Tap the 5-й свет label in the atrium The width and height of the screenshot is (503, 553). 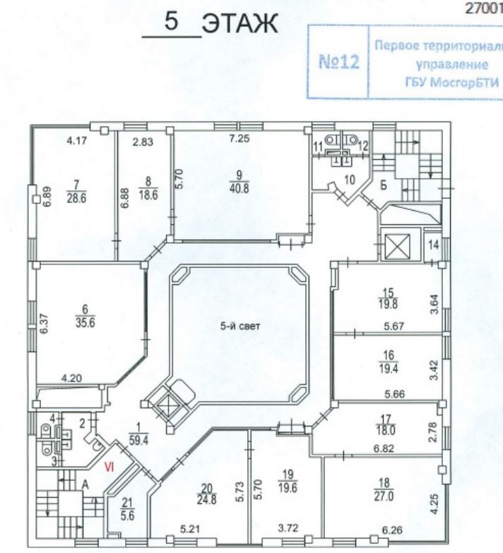click(240, 326)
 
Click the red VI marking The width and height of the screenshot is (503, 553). click(110, 466)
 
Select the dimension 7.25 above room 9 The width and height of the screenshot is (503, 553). click(239, 140)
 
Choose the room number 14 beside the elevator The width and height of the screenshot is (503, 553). click(434, 245)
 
